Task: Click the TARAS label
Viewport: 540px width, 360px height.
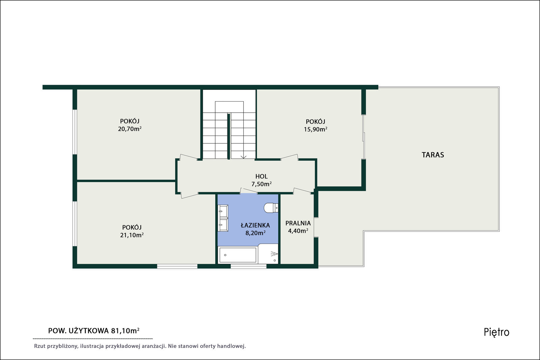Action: (433, 155)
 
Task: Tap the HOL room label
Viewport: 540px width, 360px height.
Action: (261, 176)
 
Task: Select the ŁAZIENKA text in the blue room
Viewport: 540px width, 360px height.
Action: (255, 225)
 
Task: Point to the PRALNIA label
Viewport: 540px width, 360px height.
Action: (298, 223)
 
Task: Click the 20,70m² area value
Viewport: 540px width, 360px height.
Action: (130, 129)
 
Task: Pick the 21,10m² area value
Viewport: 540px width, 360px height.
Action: (132, 235)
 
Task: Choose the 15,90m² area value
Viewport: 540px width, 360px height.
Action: (315, 130)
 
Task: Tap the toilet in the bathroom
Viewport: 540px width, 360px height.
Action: (271, 208)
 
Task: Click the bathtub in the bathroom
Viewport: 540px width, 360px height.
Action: (238, 255)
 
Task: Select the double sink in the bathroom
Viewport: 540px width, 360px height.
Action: (223, 218)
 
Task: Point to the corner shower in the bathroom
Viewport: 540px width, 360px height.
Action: (268, 254)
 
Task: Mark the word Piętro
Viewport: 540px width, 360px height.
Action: (496, 332)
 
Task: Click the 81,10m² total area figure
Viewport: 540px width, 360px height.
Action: (125, 331)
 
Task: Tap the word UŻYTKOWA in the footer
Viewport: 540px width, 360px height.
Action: (89, 331)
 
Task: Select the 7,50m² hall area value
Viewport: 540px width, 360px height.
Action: (261, 184)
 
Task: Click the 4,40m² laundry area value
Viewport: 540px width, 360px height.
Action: (298, 231)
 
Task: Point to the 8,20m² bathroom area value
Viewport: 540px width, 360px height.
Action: (255, 233)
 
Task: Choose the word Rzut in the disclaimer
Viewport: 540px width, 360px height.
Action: (39, 346)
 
